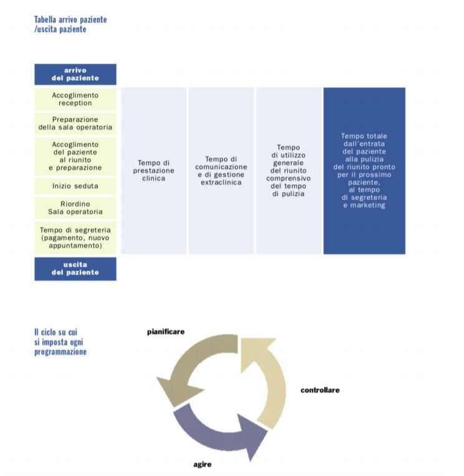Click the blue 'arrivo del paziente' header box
click(x=75, y=74)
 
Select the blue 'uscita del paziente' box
click(x=75, y=269)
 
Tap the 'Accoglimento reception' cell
click(x=75, y=100)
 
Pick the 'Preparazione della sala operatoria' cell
click(x=75, y=124)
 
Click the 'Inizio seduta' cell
click(x=75, y=186)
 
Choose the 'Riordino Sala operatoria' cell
click(x=75, y=208)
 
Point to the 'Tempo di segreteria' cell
click(x=75, y=238)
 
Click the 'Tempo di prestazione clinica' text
click(x=154, y=170)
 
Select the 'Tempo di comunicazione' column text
click(x=221, y=170)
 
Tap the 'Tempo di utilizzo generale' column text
click(x=288, y=170)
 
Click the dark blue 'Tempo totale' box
click(x=364, y=170)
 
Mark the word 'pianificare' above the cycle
click(x=166, y=332)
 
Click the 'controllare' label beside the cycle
click(x=320, y=390)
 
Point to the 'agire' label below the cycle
click(x=202, y=464)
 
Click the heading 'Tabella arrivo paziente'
click(x=70, y=20)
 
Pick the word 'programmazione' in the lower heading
click(x=60, y=352)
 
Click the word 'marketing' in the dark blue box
click(x=367, y=205)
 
